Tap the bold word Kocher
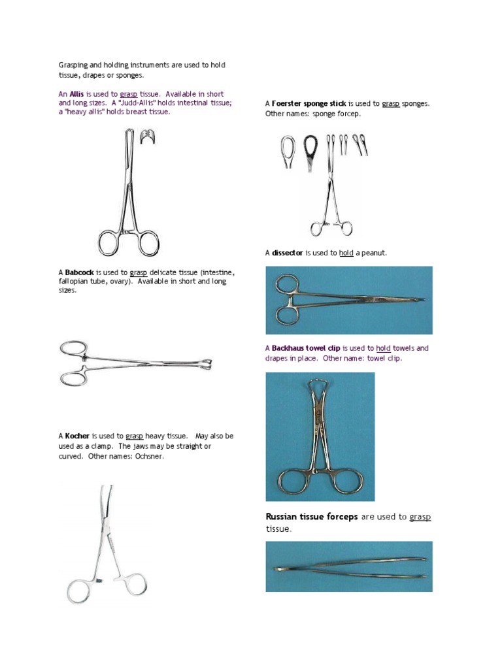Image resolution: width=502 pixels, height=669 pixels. point(77,436)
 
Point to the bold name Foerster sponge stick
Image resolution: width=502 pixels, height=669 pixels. point(309,103)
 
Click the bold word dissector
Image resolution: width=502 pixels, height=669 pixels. point(288,253)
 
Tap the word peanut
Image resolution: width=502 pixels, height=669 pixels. point(374,253)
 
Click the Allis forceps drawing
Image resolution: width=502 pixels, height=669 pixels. point(128,196)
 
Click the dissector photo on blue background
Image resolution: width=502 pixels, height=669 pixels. point(348,300)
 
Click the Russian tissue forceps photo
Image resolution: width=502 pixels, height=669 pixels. point(348,566)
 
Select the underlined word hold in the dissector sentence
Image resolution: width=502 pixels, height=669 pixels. point(346,253)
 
